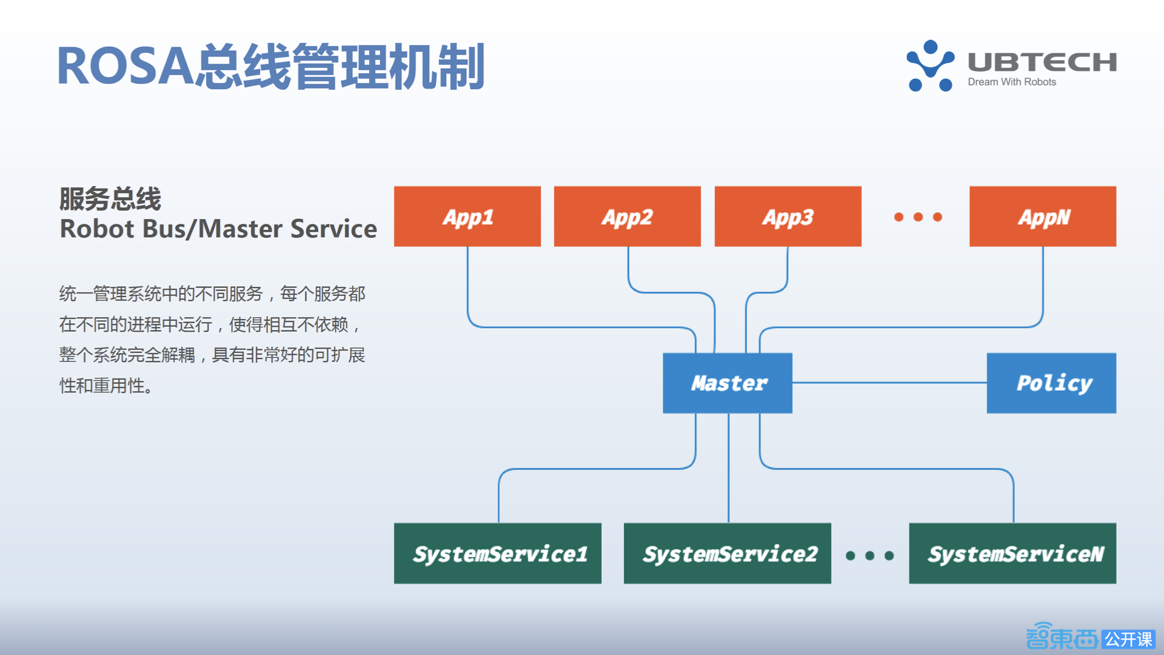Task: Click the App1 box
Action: point(467,217)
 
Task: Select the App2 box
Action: point(627,217)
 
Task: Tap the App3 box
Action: point(788,217)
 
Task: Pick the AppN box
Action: point(1042,217)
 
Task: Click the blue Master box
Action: point(727,383)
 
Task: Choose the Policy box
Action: point(1051,383)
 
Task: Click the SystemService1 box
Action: point(497,553)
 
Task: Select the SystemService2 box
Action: point(727,553)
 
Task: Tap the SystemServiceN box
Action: point(1012,553)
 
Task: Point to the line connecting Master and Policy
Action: point(889,383)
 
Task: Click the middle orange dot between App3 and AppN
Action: point(918,217)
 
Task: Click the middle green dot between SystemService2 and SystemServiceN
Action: point(869,556)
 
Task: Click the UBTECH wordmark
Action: point(1042,62)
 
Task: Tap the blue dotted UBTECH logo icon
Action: point(930,65)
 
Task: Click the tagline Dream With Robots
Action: point(1011,82)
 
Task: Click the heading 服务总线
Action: point(110,199)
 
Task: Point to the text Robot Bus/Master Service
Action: point(218,229)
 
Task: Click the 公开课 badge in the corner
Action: point(1128,639)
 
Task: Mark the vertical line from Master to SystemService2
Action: point(728,467)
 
